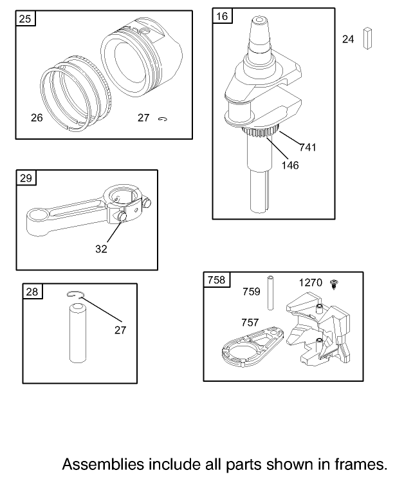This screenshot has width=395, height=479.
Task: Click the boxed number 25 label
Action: [x=24, y=19]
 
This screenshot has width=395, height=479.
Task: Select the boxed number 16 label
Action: [x=222, y=17]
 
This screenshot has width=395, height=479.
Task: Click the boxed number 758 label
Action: [x=216, y=280]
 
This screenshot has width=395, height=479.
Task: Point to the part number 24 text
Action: [x=348, y=39]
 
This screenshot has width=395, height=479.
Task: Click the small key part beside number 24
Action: [x=368, y=39]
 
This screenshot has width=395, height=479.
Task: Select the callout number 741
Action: [x=308, y=148]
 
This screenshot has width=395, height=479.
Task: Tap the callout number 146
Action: [x=289, y=165]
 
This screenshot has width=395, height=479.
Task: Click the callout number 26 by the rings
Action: [x=37, y=118]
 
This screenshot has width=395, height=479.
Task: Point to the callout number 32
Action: [x=102, y=247]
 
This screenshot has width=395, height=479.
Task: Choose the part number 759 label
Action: [x=251, y=292]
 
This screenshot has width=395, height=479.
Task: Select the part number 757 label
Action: [x=250, y=322]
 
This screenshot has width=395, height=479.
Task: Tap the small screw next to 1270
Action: [x=335, y=283]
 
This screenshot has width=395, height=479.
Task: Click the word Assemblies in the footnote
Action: [x=102, y=464]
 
